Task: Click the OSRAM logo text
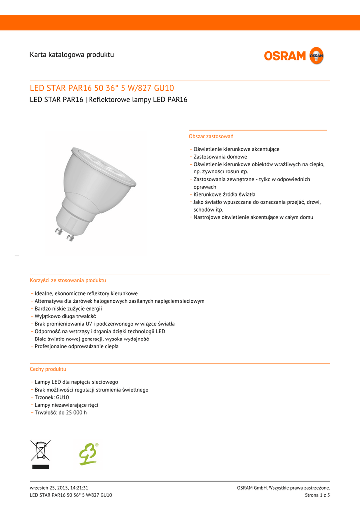[285, 56]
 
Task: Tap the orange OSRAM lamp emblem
[316, 56]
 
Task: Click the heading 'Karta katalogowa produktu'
[72, 54]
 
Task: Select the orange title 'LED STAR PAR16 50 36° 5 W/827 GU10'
[102, 88]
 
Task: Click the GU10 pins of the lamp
[64, 234]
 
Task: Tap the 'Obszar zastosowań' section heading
[211, 136]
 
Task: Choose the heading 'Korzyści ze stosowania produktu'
[68, 280]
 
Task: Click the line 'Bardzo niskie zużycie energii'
[69, 309]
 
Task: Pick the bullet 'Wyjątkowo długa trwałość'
[65, 316]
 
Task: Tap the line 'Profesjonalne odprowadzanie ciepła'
[77, 346]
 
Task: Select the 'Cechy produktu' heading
[48, 369]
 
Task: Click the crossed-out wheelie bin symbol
[40, 454]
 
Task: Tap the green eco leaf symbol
[89, 454]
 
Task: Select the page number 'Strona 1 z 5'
[317, 495]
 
